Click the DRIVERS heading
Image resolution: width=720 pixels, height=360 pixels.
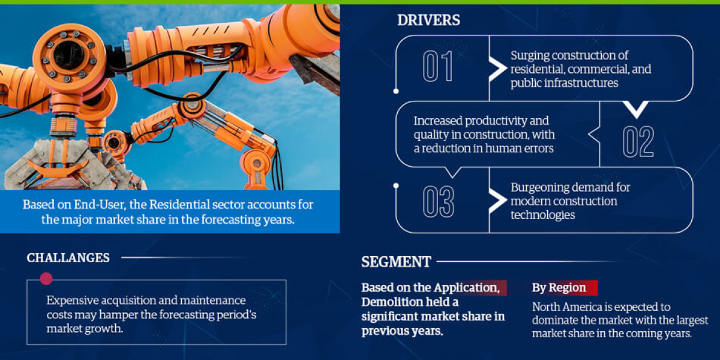coord(428,20)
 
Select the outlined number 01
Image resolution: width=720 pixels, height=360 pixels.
coord(438,67)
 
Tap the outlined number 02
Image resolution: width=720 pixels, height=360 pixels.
coord(637,142)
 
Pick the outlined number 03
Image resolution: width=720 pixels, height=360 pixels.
coord(438,202)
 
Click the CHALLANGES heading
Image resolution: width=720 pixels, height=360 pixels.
coord(68,258)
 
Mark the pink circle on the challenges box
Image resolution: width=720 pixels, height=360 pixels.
coord(46,278)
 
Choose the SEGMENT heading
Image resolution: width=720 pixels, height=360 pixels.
coord(396,262)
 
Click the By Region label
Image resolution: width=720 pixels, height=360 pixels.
coord(559,287)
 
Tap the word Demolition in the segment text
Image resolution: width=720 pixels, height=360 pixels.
coord(390,302)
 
